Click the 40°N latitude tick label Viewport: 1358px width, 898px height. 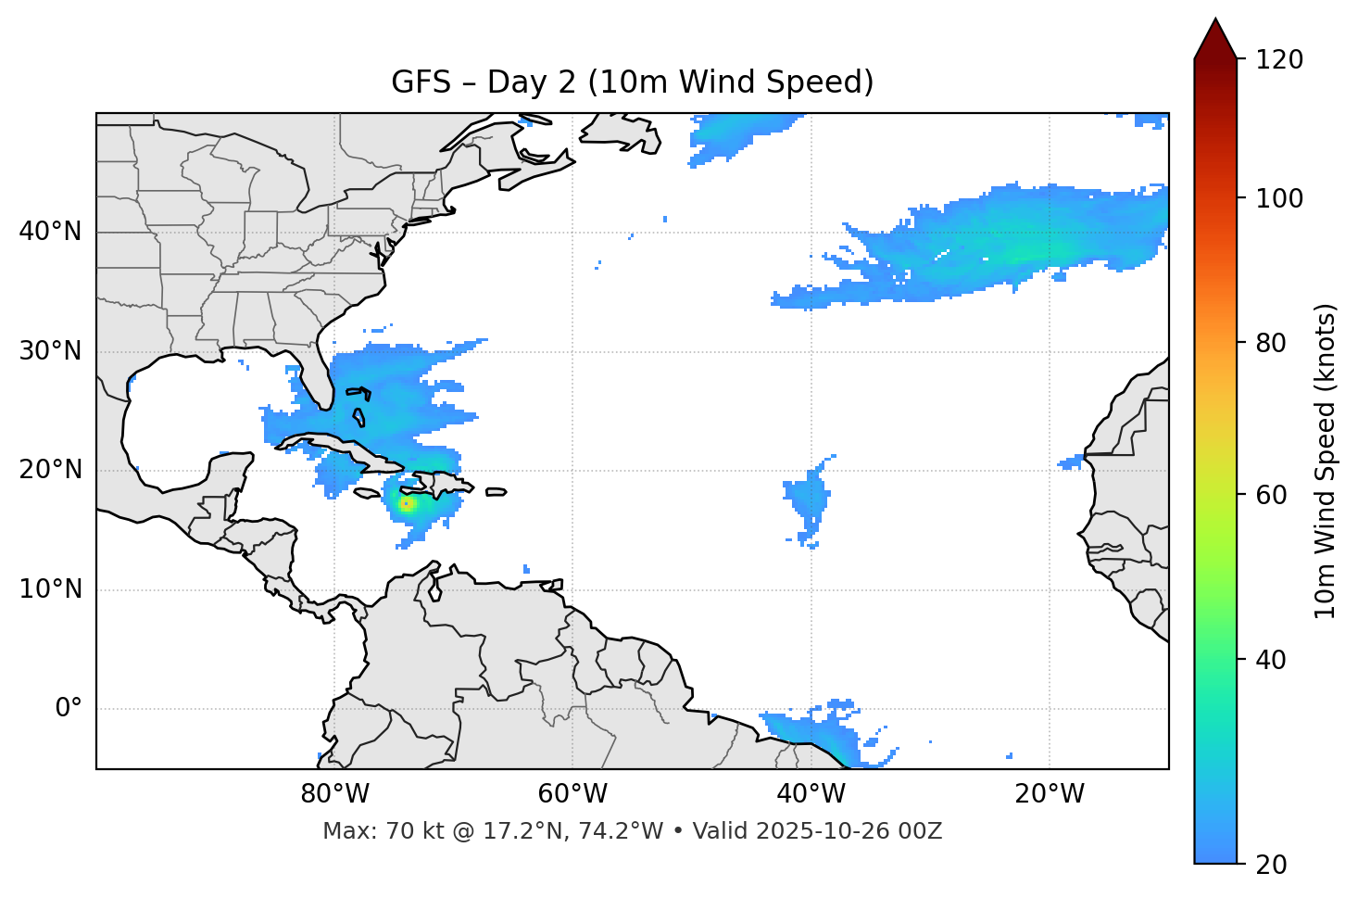tap(50, 232)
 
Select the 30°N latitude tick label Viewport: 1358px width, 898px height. tap(50, 351)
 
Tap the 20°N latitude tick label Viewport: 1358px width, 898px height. tap(50, 470)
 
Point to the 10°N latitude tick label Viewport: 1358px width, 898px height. tap(50, 589)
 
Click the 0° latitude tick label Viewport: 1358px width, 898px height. tap(69, 709)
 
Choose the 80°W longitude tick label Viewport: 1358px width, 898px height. tap(334, 794)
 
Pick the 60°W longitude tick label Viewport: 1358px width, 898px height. tap(572, 794)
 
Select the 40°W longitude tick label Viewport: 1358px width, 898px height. tap(811, 794)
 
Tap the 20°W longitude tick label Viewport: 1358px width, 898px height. tap(1050, 794)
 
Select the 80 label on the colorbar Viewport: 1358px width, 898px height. tap(1275, 343)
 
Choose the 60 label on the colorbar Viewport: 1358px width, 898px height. tap(1275, 495)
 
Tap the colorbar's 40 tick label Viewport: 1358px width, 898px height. tap(1275, 660)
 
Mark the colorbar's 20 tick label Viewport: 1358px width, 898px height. tap(1275, 865)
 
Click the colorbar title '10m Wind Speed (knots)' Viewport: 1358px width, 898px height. tap(1327, 461)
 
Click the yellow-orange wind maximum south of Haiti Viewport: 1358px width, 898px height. tap(406, 504)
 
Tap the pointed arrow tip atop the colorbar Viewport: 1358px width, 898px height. tap(1215, 20)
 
